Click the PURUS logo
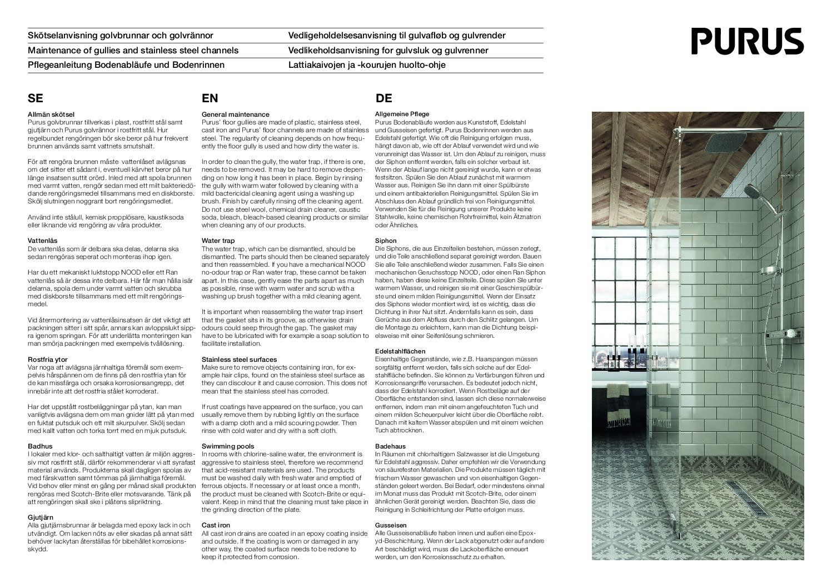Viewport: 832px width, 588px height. tap(748, 40)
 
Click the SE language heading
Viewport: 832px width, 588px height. tap(35, 98)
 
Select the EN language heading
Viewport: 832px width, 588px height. tap(210, 98)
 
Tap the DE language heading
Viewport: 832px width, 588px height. tap(384, 98)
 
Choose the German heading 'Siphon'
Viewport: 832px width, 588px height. tap(386, 241)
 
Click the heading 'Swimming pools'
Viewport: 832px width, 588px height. tap(228, 446)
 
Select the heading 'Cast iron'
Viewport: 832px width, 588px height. tap(216, 525)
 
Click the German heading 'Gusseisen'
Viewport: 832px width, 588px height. tap(391, 525)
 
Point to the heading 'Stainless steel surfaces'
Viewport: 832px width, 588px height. tap(239, 360)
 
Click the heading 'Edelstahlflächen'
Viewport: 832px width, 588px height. tap(400, 351)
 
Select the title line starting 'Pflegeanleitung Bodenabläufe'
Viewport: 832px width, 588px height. tap(126, 65)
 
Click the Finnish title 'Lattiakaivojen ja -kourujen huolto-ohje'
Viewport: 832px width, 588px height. tap(367, 65)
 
